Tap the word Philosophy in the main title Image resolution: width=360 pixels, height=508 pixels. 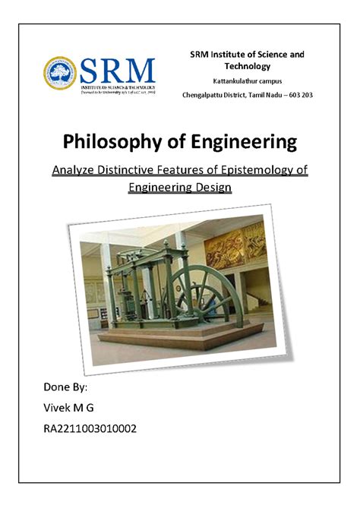pyautogui.click(x=123, y=142)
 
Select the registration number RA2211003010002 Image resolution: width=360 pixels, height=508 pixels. pyautogui.click(x=91, y=429)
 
